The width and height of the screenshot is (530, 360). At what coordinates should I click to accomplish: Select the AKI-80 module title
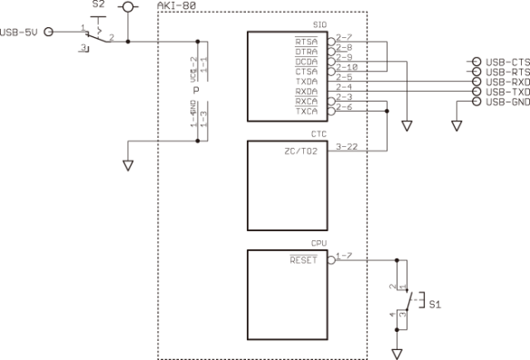pos(177,6)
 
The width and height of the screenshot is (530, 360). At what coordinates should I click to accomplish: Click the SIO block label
pos(319,25)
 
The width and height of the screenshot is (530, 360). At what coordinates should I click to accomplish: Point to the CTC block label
pos(319,134)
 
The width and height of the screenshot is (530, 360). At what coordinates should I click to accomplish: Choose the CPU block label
pos(319,244)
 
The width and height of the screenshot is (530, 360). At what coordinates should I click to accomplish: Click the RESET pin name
pos(303,259)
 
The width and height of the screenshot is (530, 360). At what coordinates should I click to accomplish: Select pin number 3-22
pos(345,146)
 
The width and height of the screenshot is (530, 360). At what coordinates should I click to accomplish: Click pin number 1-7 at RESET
pos(342,255)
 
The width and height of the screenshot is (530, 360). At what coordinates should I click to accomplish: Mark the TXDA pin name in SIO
pos(307,81)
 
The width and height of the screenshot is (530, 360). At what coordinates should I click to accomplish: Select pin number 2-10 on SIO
pos(346,67)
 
